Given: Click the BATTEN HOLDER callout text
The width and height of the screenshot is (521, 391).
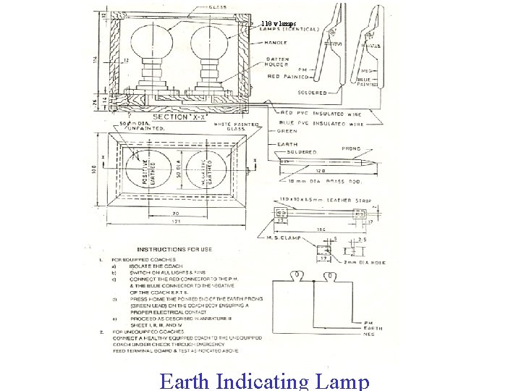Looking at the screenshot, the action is pyautogui.click(x=279, y=62).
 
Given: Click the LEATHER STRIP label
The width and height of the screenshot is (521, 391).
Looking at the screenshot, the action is pyautogui.click(x=345, y=199).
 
